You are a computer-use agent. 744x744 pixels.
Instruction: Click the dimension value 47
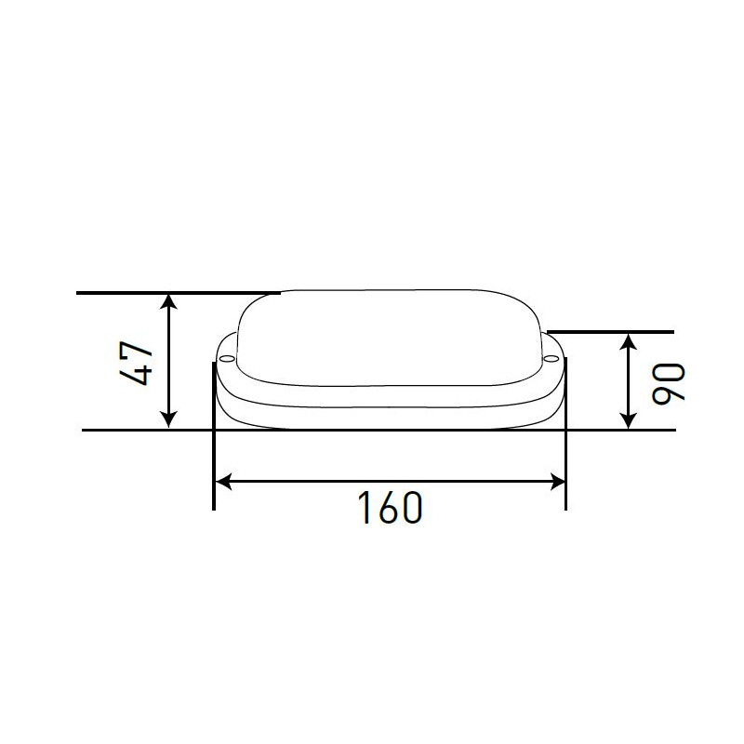pyautogui.click(x=136, y=363)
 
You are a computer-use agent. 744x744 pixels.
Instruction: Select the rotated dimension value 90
pyautogui.click(x=669, y=382)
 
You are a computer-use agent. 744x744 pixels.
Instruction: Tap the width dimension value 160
pyautogui.click(x=391, y=507)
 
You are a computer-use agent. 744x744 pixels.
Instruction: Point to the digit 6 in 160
pyautogui.click(x=392, y=507)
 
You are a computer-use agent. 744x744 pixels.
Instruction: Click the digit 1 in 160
pyautogui.click(x=365, y=507)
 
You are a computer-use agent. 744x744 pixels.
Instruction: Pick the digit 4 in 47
pyautogui.click(x=136, y=375)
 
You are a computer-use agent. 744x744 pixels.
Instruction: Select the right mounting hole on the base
pyautogui.click(x=551, y=356)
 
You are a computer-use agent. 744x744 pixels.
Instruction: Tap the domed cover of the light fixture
pyautogui.click(x=391, y=335)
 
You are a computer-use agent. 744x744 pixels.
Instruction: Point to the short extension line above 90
pyautogui.click(x=614, y=332)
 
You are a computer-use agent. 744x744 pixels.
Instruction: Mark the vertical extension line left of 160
pyautogui.click(x=215, y=465)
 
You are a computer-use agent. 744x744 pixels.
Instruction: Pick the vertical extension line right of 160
pyautogui.click(x=565, y=465)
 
